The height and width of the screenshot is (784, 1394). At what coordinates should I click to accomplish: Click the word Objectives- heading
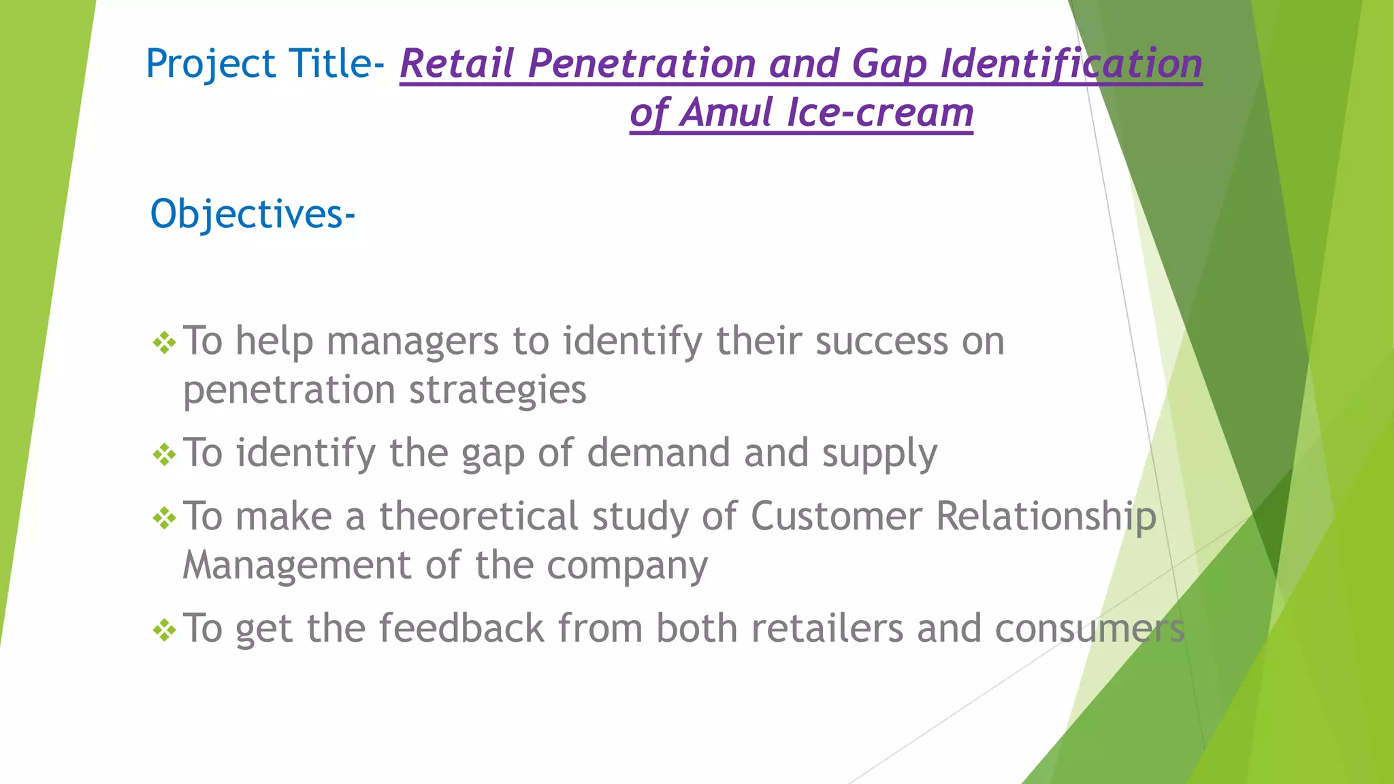tap(252, 214)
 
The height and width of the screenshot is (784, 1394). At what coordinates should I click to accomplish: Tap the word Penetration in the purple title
tap(642, 64)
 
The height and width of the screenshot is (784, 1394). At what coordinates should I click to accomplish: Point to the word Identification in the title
tap(1071, 64)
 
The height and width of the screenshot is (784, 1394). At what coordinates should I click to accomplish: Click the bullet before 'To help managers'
tap(165, 342)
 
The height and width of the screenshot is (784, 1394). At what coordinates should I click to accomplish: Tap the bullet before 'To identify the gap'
tap(165, 455)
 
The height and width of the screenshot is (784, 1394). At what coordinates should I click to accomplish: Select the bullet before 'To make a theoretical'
tap(165, 518)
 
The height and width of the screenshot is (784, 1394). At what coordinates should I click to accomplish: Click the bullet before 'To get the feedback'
tap(165, 630)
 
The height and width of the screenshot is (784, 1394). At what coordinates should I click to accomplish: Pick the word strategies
tap(498, 391)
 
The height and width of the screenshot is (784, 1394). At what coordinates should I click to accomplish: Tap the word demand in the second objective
tap(658, 454)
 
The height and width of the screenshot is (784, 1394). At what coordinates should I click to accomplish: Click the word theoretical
tap(479, 517)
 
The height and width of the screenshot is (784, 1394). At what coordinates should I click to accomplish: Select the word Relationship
tap(1045, 517)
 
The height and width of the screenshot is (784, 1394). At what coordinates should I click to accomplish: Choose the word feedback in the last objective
tap(461, 628)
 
